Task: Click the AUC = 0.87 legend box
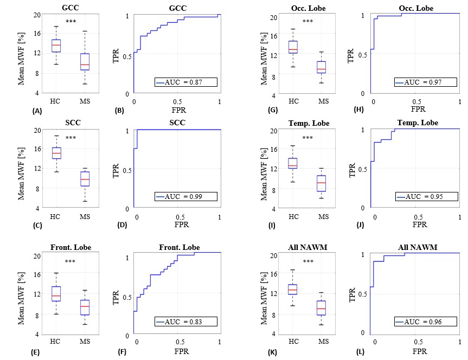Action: pyautogui.click(x=186, y=82)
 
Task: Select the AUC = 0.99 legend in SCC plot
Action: pyautogui.click(x=186, y=196)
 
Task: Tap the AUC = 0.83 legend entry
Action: pyautogui.click(x=186, y=322)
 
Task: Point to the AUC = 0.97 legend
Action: pyautogui.click(x=426, y=82)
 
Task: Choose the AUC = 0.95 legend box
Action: pyautogui.click(x=427, y=196)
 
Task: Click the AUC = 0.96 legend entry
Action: pyautogui.click(x=426, y=322)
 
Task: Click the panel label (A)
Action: pyautogui.click(x=37, y=111)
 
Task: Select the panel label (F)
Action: pyautogui.click(x=122, y=352)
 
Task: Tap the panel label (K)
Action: pyautogui.click(x=272, y=352)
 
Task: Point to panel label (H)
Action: pyautogui.click(x=358, y=110)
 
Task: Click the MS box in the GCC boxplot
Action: pyautogui.click(x=85, y=62)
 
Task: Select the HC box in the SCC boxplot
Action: pyautogui.click(x=57, y=153)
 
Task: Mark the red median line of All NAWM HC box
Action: pyautogui.click(x=292, y=290)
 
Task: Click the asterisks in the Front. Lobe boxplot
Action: pyautogui.click(x=70, y=261)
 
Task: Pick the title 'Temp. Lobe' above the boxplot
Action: pyautogui.click(x=309, y=123)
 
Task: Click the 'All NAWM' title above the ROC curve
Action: pyautogui.click(x=418, y=247)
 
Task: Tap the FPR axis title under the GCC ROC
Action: pyautogui.click(x=179, y=110)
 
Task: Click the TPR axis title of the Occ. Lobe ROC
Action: pyautogui.click(x=350, y=55)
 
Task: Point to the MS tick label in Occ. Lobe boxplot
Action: pyautogui.click(x=324, y=101)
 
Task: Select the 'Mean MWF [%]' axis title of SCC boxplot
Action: pyautogui.click(x=21, y=173)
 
